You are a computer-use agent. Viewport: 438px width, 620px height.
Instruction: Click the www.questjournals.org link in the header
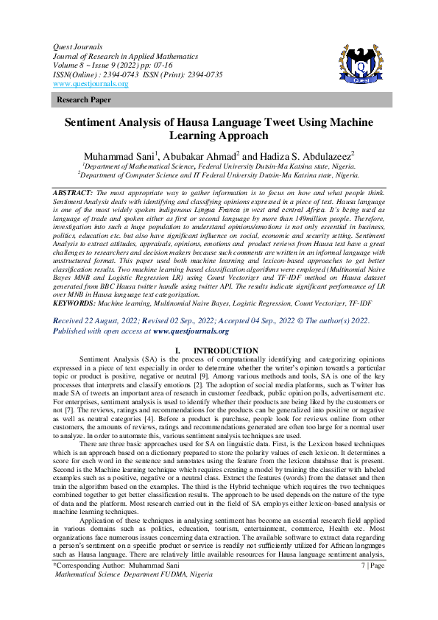[x=91, y=84]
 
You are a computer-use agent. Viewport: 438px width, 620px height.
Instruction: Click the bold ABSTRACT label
[x=73, y=191]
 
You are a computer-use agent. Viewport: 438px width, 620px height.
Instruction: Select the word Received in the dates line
[x=72, y=342]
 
